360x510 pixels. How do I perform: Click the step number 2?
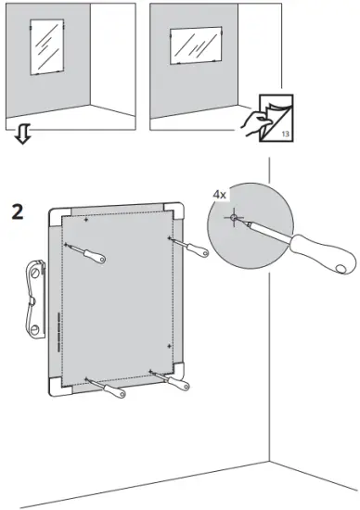(17, 210)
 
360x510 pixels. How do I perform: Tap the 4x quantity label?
(220, 196)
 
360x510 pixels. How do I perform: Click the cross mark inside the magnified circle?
(235, 220)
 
